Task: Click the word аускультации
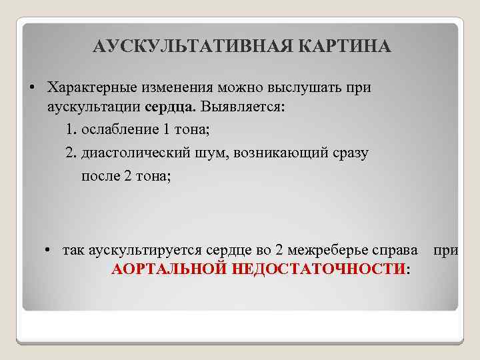(x=93, y=107)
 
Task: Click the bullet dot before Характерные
(x=32, y=87)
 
